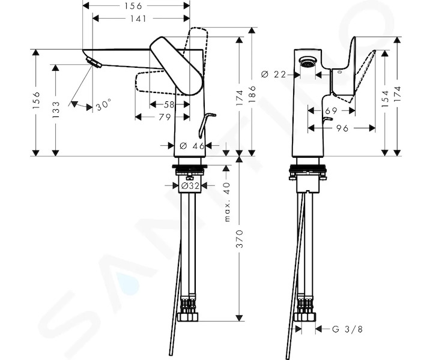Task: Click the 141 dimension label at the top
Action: (x=138, y=19)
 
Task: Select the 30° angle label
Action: (x=103, y=106)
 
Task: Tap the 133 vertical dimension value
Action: (x=56, y=110)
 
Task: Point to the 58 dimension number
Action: (x=169, y=104)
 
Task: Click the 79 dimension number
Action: (x=165, y=117)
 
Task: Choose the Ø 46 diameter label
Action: (x=192, y=146)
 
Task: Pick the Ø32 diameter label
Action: (x=190, y=186)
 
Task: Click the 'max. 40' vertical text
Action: (x=227, y=202)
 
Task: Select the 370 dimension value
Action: (x=240, y=239)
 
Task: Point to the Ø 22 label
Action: (x=274, y=74)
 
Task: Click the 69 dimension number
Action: (x=331, y=111)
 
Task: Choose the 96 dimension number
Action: (x=342, y=128)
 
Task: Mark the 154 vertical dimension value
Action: (x=385, y=98)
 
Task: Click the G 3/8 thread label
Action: (x=348, y=329)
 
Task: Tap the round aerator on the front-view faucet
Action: (x=307, y=62)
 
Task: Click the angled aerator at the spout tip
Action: (x=94, y=62)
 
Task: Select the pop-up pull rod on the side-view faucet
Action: (x=206, y=125)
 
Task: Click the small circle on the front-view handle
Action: (x=340, y=72)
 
